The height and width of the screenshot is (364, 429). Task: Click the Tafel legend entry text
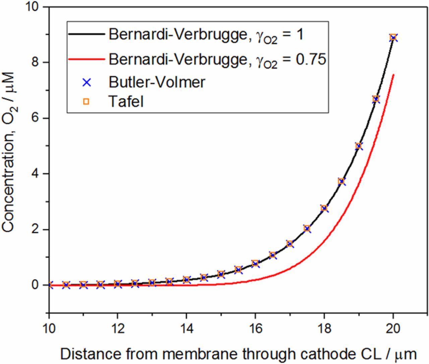pyautogui.click(x=126, y=101)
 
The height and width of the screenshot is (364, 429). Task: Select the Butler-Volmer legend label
pyautogui.click(x=157, y=82)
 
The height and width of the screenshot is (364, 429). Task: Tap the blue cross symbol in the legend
pyautogui.click(x=86, y=82)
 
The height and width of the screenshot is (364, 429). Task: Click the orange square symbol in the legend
pyautogui.click(x=86, y=101)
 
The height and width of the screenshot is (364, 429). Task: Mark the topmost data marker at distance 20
pyautogui.click(x=393, y=37)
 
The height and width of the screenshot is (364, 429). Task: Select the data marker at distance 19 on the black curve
pyautogui.click(x=359, y=146)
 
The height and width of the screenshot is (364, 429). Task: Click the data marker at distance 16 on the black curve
pyautogui.click(x=255, y=263)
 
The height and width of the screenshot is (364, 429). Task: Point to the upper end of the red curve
pyautogui.click(x=393, y=75)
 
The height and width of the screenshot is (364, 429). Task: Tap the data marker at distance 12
pyautogui.click(x=118, y=284)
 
